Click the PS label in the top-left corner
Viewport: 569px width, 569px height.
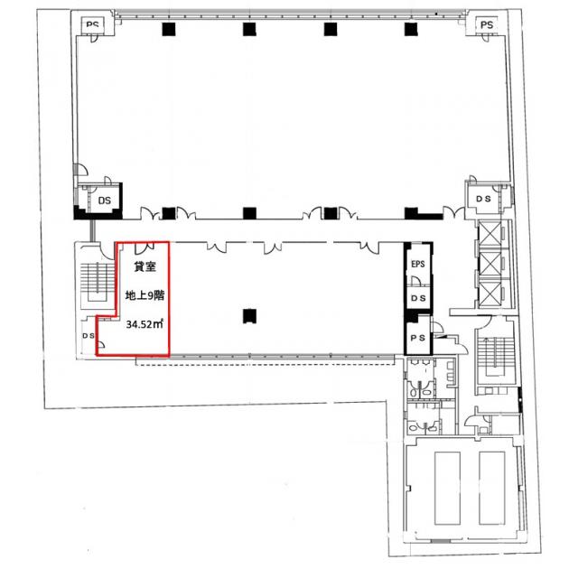pos(92,24)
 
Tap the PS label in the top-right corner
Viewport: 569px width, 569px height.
pos(487,24)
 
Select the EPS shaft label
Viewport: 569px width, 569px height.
pos(417,264)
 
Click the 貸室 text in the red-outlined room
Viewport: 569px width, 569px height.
pos(145,266)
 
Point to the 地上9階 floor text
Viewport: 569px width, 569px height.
pos(145,295)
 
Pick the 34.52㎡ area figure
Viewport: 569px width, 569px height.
pos(145,324)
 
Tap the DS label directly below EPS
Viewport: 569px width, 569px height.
pos(418,298)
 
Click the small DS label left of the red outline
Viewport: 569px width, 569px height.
pos(89,336)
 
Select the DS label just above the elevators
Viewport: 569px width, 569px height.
pos(483,199)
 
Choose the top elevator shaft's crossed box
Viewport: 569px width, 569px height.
pos(490,235)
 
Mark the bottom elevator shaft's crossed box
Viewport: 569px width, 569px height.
pos(490,293)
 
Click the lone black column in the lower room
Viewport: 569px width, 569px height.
pos(249,316)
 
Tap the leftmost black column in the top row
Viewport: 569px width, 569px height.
pos(169,29)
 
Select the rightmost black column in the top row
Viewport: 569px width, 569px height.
pos(411,29)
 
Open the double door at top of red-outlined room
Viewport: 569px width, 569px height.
pos(145,248)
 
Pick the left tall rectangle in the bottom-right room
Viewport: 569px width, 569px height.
pos(447,488)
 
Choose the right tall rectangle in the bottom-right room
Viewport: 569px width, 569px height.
pos(491,488)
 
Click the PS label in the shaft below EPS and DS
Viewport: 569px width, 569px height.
pos(417,338)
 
